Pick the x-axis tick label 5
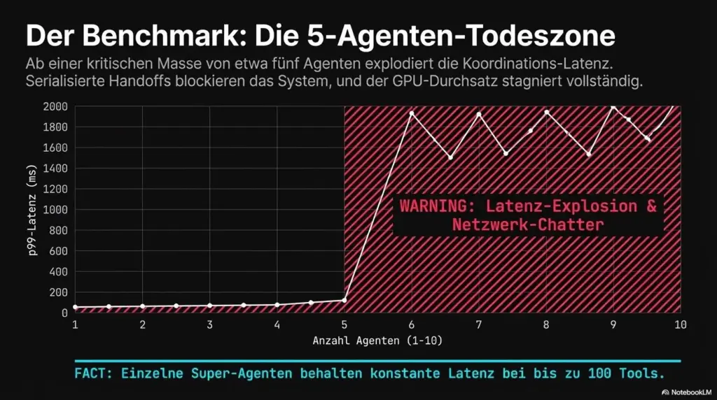pyautogui.click(x=344, y=324)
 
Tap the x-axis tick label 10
pyautogui.click(x=679, y=324)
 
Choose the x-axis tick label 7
pyautogui.click(x=478, y=324)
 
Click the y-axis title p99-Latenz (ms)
pyautogui.click(x=33, y=209)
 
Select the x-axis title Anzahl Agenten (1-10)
pyautogui.click(x=377, y=341)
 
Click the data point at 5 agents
pyautogui.click(x=344, y=300)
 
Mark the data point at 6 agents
pyautogui.click(x=412, y=113)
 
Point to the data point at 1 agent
pyautogui.click(x=75, y=307)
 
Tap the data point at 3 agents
pyautogui.click(x=209, y=306)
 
